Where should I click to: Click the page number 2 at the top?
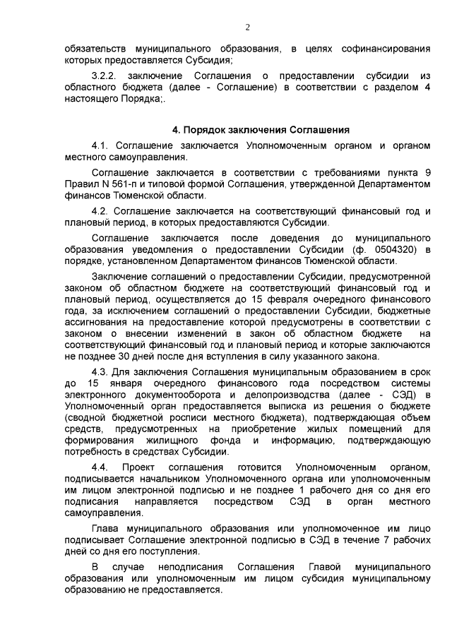click(247, 28)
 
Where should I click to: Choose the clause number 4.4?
click(102, 467)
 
